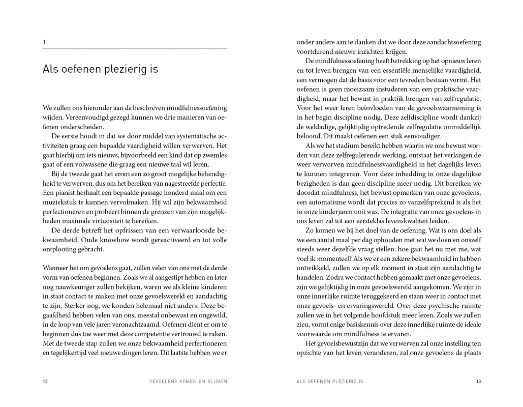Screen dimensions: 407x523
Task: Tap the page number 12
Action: click(x=46, y=381)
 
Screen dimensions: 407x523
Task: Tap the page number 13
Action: click(x=478, y=381)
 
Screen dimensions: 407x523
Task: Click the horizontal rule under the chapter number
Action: click(x=135, y=49)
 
